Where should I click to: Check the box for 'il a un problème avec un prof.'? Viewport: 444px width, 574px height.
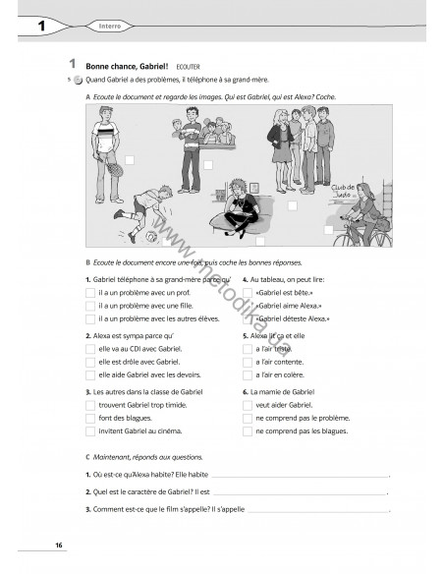tap(90, 293)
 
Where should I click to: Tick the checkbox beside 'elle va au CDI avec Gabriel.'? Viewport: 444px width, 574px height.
tap(90, 349)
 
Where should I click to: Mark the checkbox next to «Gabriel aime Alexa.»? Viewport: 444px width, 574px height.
tap(247, 306)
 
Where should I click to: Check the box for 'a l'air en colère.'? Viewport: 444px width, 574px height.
tap(247, 374)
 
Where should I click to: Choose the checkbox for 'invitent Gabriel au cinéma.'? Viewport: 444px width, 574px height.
tap(90, 430)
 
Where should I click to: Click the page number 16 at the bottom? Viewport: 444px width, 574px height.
tap(59, 545)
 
